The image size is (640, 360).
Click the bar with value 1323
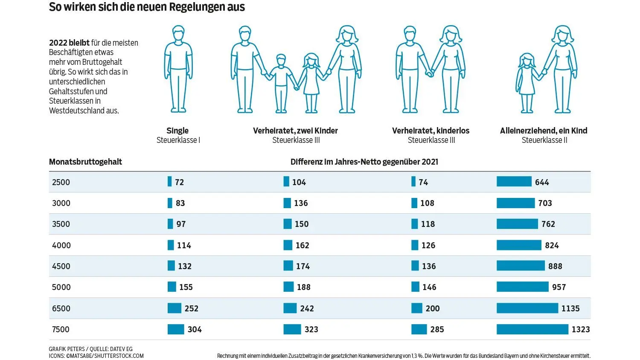(532, 329)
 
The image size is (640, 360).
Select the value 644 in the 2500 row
(542, 182)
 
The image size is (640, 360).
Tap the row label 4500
(61, 266)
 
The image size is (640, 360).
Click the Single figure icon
(178, 69)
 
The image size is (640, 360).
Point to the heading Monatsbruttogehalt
(85, 162)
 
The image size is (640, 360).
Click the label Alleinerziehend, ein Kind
(544, 131)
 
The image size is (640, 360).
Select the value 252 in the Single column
(191, 308)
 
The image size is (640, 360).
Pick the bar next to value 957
(522, 287)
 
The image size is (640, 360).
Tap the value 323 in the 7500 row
(311, 329)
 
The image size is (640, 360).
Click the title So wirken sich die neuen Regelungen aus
(147, 7)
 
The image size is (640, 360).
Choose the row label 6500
(61, 308)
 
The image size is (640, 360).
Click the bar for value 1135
(527, 308)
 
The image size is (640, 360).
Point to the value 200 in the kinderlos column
(432, 308)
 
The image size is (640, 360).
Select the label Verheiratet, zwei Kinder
(295, 131)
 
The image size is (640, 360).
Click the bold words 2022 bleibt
(69, 43)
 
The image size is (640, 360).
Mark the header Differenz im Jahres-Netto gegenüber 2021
(364, 162)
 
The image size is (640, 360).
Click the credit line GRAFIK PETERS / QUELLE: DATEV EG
(90, 349)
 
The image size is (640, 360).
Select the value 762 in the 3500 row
(548, 224)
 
